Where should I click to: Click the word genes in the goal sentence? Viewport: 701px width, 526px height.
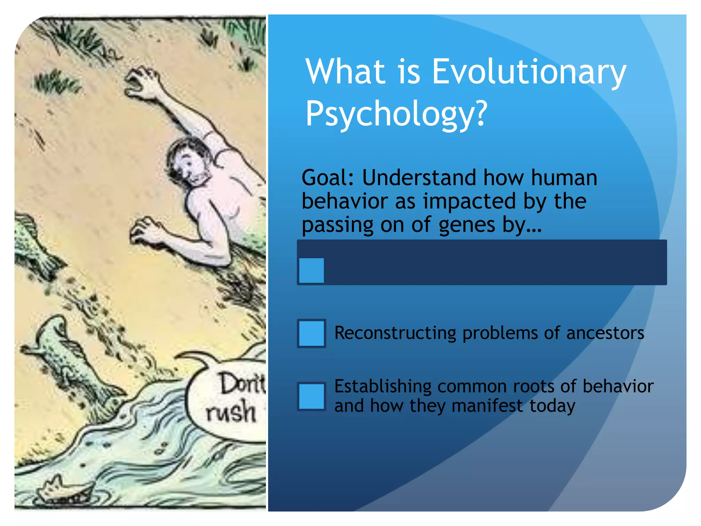pyautogui.click(x=467, y=225)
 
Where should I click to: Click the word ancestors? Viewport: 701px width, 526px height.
pyautogui.click(x=605, y=333)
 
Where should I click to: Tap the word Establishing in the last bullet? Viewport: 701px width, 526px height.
pyautogui.click(x=383, y=386)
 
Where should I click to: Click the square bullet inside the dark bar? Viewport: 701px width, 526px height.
pyautogui.click(x=311, y=270)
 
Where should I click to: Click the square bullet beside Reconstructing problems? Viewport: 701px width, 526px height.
pyautogui.click(x=311, y=333)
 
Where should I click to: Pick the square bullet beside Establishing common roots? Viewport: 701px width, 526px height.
pyautogui.click(x=311, y=397)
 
